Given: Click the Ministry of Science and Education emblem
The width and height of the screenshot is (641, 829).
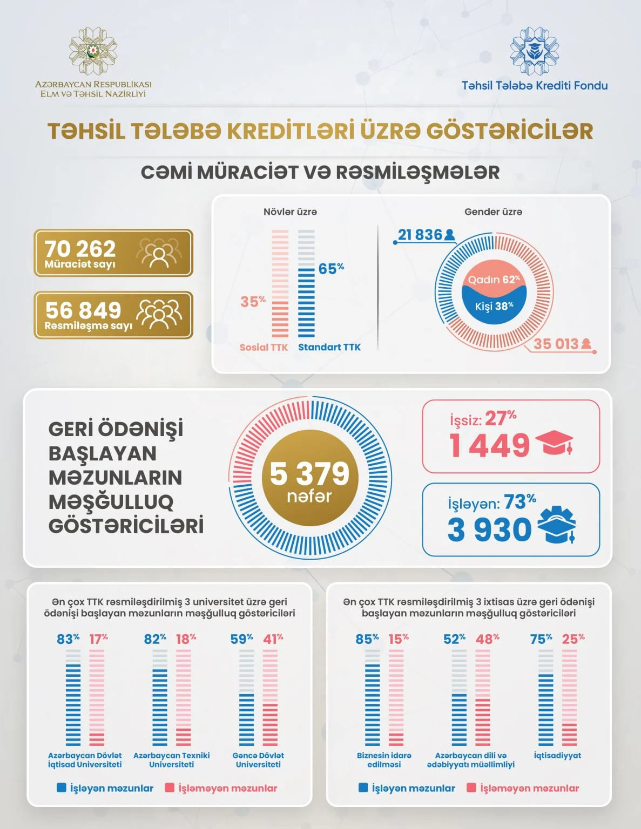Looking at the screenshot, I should pyautogui.click(x=93, y=51).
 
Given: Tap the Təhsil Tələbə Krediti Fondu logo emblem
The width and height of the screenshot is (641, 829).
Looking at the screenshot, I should pyautogui.click(x=534, y=51).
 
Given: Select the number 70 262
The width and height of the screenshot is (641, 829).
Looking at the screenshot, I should pyautogui.click(x=80, y=248).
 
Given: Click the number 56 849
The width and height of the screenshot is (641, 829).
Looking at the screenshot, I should pyautogui.click(x=83, y=310).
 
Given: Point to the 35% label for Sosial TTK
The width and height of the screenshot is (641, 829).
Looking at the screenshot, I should pyautogui.click(x=253, y=301).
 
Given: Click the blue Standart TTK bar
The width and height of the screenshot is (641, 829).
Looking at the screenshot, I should pyautogui.click(x=306, y=302).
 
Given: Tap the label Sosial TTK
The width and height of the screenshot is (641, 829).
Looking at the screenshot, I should pyautogui.click(x=264, y=347).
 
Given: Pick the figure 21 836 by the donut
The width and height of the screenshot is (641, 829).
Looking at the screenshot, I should pyautogui.click(x=420, y=235).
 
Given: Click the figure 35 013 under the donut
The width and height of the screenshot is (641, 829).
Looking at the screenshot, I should pyautogui.click(x=556, y=344).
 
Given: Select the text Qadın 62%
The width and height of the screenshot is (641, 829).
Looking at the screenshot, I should pyautogui.click(x=494, y=280).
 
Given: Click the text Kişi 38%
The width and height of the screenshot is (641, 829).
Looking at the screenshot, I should pyautogui.click(x=494, y=307).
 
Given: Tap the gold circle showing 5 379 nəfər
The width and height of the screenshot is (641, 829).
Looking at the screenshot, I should pyautogui.click(x=310, y=478).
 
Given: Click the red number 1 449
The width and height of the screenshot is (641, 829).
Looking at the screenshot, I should pyautogui.click(x=490, y=445).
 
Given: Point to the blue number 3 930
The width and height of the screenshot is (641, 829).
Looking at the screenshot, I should pyautogui.click(x=489, y=529).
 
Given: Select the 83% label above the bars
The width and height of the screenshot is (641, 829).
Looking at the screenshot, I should pyautogui.click(x=68, y=639).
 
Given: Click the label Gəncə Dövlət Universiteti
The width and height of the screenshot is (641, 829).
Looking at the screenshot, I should pyautogui.click(x=258, y=760).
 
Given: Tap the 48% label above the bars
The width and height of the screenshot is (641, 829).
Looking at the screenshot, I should pyautogui.click(x=487, y=639).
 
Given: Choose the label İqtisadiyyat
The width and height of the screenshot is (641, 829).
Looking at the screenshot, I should pyautogui.click(x=557, y=756).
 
